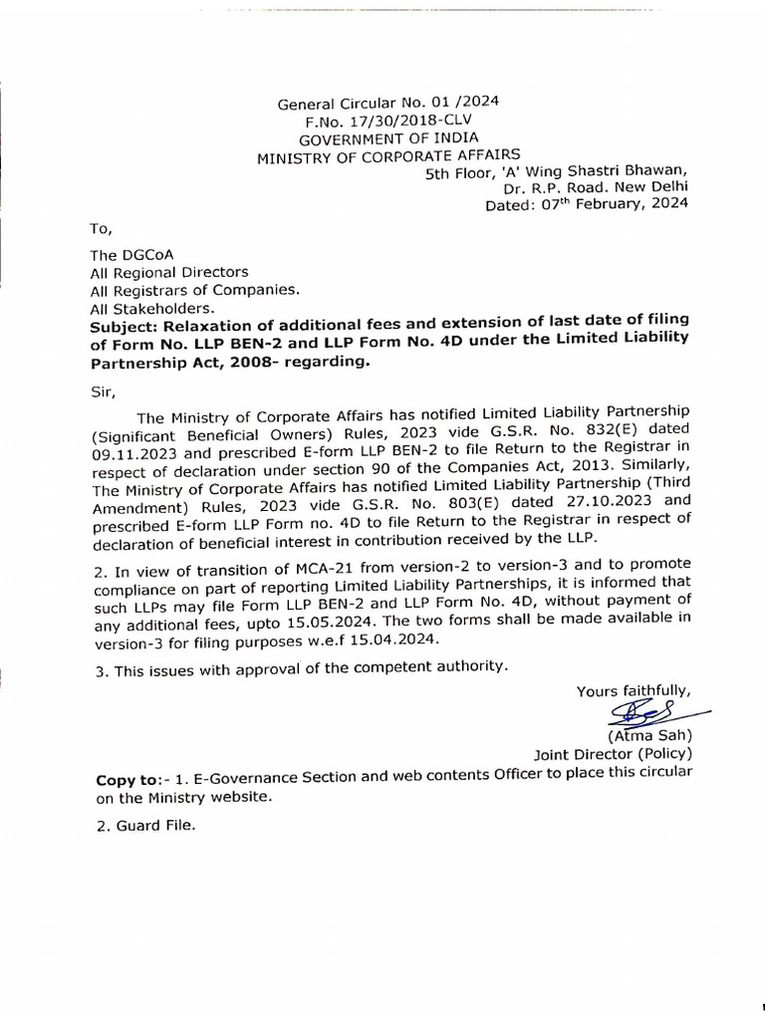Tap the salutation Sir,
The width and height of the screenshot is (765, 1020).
101,392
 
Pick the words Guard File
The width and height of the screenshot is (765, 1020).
158,826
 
